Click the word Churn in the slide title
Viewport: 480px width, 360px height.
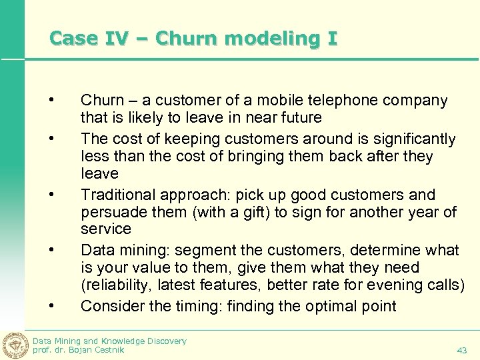pyautogui.click(x=181, y=38)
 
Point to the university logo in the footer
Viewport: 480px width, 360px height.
pyautogui.click(x=15, y=344)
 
